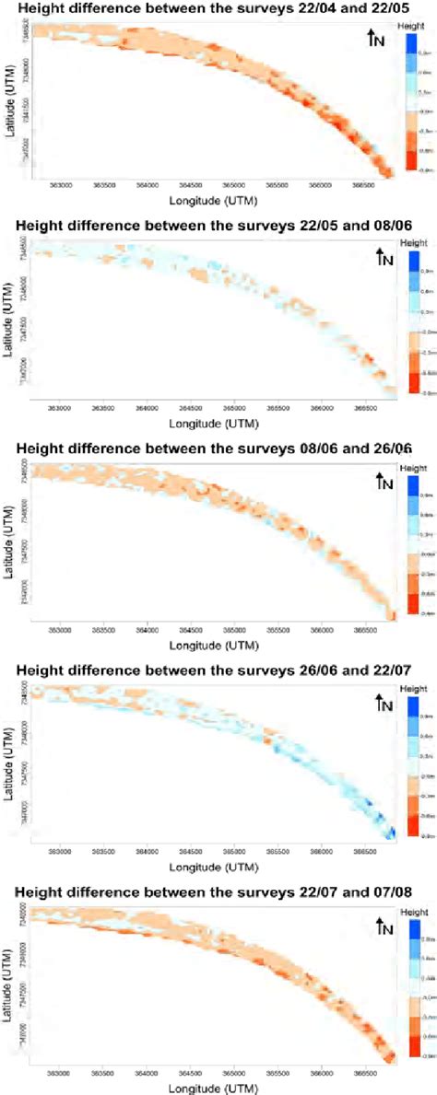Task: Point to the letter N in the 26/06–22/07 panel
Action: click(x=383, y=705)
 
